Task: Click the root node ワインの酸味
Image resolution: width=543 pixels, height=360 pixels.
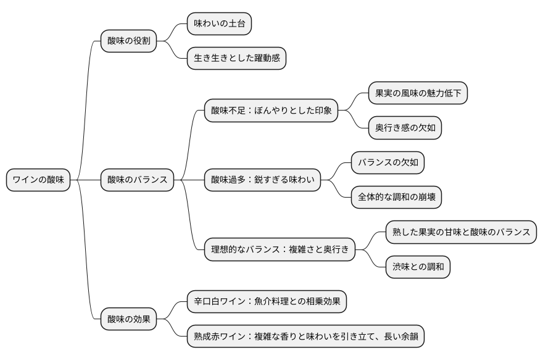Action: point(38,180)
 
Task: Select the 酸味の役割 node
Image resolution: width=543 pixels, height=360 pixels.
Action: point(128,41)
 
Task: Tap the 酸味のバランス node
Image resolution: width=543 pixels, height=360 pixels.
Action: point(137,180)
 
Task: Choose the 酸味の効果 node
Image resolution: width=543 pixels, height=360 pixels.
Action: point(128,319)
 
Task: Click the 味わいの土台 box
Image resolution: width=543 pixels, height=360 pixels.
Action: point(219,24)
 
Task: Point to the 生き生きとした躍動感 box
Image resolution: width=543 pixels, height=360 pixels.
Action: point(236,59)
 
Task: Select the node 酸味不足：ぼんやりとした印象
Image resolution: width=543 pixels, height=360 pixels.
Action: point(271,111)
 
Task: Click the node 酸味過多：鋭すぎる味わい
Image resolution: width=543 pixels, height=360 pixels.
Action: point(262,180)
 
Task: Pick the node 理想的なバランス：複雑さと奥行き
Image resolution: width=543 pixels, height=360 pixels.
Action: point(280,250)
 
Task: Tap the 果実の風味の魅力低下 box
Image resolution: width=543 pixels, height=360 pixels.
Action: point(418,94)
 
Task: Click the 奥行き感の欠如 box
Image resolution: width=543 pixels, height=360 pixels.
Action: point(405,128)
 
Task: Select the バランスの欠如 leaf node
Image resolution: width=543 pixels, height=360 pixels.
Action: point(388,163)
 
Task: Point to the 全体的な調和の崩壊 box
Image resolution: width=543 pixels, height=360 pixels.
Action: point(396,198)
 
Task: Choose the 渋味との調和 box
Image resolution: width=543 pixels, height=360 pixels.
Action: point(418,267)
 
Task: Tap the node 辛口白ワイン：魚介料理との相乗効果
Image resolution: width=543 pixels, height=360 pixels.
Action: point(267,302)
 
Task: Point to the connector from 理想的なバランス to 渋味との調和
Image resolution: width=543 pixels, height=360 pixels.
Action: point(373,261)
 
